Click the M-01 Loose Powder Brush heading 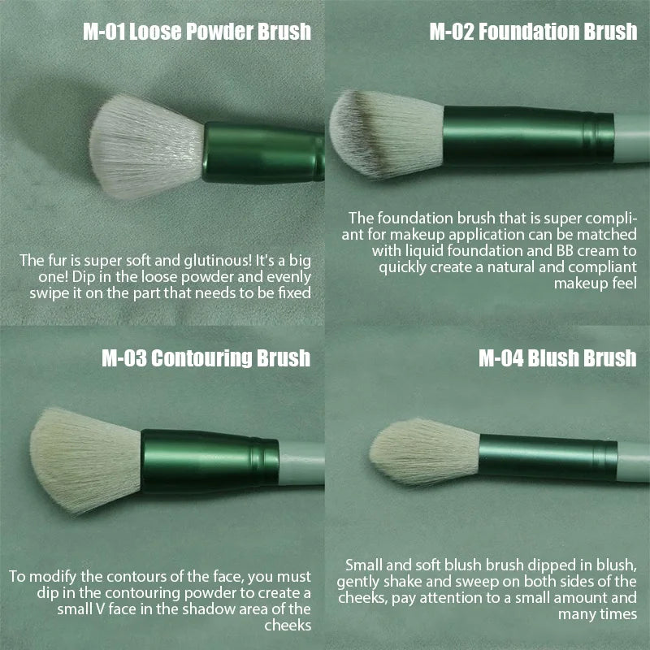(x=197, y=32)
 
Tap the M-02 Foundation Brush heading (x=532, y=32)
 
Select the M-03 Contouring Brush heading (x=206, y=357)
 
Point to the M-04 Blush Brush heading (x=557, y=357)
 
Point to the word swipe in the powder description (x=37, y=292)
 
